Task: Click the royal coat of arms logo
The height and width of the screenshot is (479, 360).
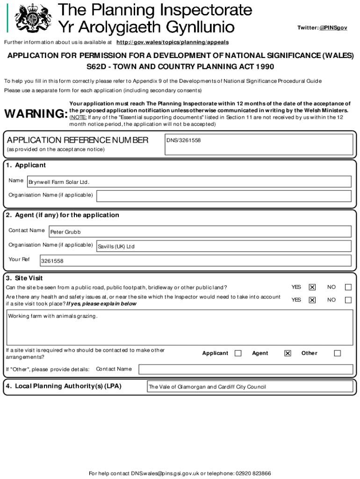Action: (32, 18)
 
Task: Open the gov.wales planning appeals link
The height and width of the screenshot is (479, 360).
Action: (173, 42)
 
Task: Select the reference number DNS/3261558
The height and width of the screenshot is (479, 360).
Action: (183, 140)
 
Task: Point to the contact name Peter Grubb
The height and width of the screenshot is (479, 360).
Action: (65, 232)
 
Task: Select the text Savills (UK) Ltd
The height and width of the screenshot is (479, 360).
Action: (116, 247)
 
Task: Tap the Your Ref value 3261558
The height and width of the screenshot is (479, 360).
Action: (52, 261)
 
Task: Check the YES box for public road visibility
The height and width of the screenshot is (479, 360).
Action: (312, 287)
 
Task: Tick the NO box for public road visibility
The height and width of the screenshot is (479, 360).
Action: (348, 287)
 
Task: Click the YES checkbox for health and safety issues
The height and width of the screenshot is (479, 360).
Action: (312, 300)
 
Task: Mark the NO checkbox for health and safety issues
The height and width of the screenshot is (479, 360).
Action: (348, 300)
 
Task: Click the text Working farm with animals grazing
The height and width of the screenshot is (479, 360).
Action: (53, 316)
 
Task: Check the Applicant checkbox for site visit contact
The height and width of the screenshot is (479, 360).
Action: (238, 353)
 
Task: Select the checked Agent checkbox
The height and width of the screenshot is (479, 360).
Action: (288, 353)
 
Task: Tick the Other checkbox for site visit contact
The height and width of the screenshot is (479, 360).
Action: (337, 353)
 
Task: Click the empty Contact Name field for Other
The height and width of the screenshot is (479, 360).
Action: (245, 370)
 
